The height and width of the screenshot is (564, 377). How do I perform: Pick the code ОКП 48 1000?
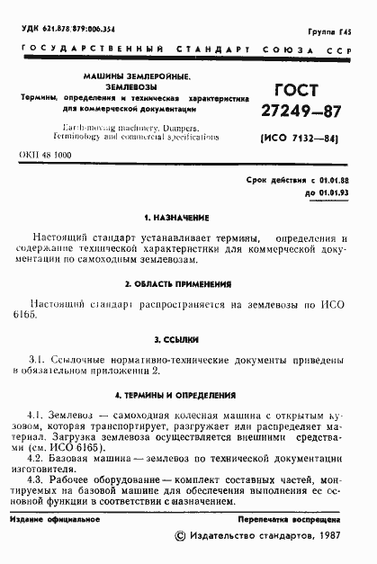(x=45, y=156)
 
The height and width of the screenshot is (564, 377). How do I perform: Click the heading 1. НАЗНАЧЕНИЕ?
(x=176, y=219)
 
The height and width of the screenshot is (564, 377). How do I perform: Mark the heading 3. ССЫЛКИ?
(x=176, y=340)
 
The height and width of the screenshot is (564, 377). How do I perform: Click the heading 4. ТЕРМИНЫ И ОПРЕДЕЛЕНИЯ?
(x=176, y=396)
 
